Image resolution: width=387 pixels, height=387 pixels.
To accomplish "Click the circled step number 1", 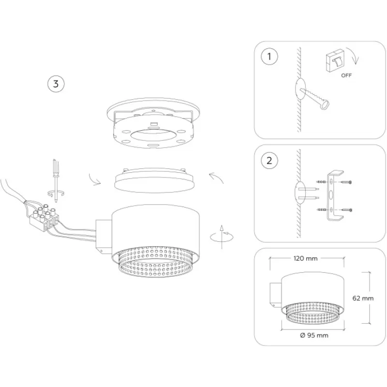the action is [x=269, y=57].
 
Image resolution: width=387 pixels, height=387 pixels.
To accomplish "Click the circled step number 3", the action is [x=56, y=84].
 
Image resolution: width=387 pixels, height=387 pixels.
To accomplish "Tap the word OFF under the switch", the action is [x=346, y=75].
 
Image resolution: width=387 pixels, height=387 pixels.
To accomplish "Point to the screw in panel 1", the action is [x=315, y=98].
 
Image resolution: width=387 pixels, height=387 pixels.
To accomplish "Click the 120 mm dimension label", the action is [x=306, y=258].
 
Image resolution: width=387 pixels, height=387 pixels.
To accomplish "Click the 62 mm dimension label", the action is [x=363, y=298].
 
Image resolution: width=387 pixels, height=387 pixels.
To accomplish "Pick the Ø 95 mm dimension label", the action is [x=314, y=335].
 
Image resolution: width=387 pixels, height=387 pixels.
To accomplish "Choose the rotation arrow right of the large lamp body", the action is [x=222, y=237].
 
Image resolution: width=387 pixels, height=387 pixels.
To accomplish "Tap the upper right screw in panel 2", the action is [x=346, y=182].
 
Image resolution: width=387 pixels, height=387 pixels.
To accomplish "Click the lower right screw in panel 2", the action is [x=346, y=210].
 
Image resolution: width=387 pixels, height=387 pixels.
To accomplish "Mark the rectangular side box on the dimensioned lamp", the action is [x=275, y=295].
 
